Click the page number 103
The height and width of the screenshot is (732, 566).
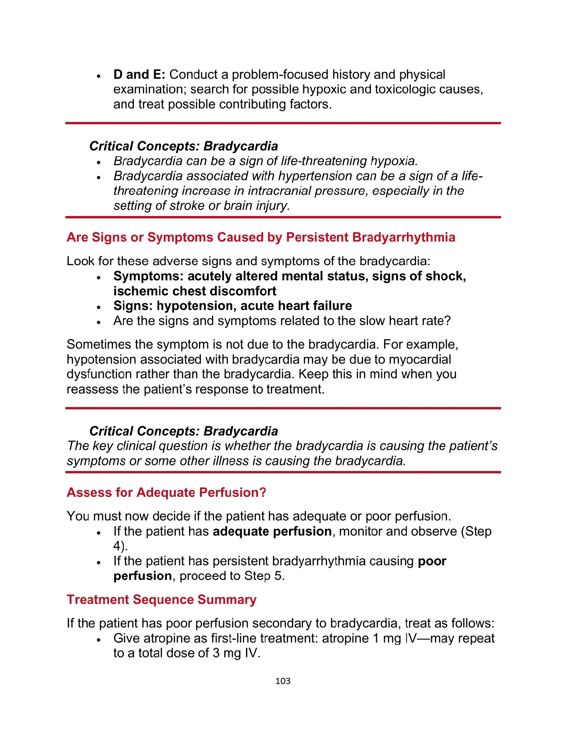point(283,681)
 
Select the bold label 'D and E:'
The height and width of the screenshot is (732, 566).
point(139,75)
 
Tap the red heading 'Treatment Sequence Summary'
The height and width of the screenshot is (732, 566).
point(161,599)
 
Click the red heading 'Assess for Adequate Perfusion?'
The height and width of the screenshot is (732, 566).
point(167,492)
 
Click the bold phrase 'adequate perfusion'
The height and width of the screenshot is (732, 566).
point(272,531)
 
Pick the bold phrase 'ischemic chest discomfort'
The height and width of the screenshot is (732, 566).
point(195,291)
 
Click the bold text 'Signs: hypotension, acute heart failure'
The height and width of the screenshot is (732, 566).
point(232,306)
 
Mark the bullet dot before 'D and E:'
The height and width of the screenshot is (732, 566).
point(99,76)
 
